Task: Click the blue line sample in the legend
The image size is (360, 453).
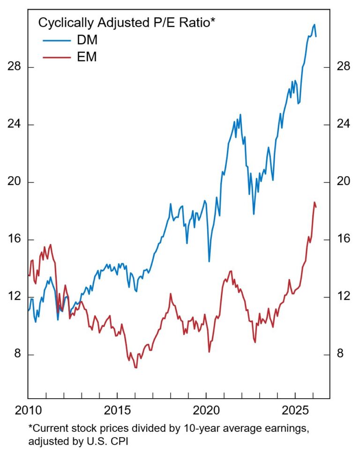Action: tap(56, 40)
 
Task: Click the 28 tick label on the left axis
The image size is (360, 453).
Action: tap(15, 67)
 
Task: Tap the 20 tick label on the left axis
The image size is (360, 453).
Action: tap(15, 182)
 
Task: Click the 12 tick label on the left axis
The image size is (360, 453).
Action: tap(15, 297)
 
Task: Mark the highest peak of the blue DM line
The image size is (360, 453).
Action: tap(314, 24)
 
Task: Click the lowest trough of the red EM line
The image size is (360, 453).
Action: tap(136, 368)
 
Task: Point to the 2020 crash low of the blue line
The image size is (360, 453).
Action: tap(209, 261)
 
